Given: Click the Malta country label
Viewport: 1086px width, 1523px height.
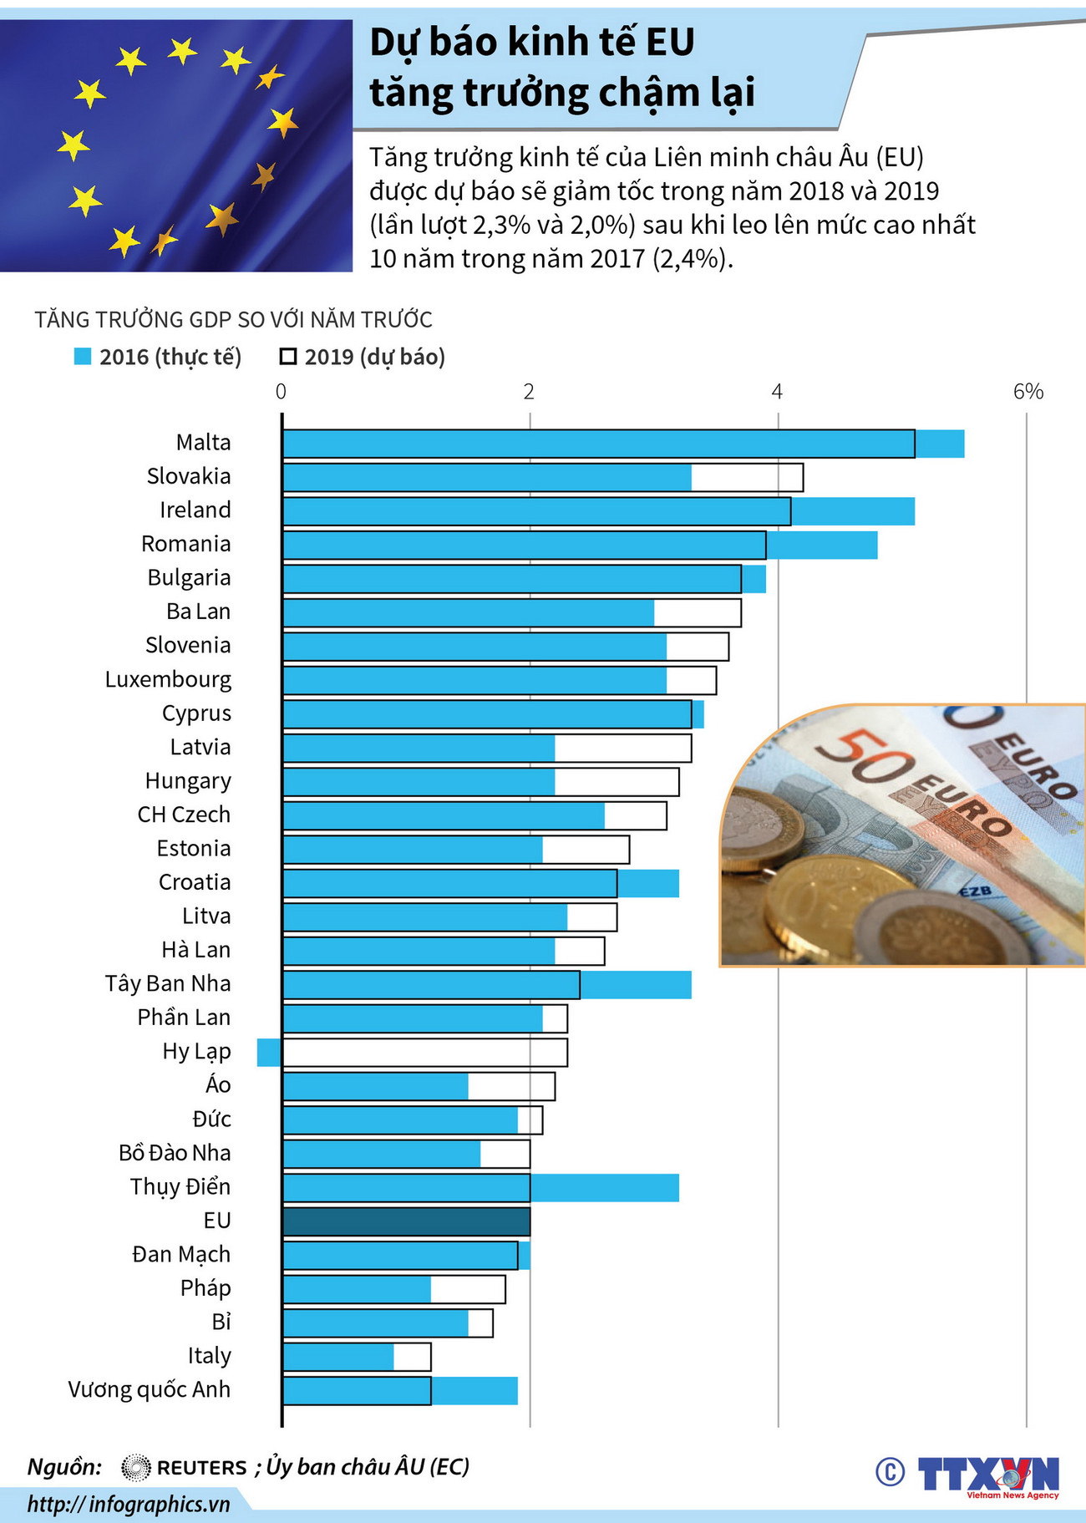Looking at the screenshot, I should [x=203, y=443].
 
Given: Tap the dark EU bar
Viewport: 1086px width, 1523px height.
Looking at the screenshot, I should [x=406, y=1221].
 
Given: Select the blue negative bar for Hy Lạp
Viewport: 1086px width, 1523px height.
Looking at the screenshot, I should [x=269, y=1053].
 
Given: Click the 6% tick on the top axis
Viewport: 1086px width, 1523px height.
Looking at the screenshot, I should [x=1028, y=392].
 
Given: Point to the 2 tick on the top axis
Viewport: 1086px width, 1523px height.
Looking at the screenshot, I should [x=529, y=392].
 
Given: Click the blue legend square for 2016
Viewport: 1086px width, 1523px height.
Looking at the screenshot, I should [x=82, y=357].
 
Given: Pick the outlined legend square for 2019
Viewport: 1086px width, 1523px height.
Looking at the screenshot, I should [x=288, y=357].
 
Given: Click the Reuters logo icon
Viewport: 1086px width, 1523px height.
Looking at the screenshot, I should [x=135, y=1468].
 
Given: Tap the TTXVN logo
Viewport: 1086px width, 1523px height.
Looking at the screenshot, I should [x=988, y=1475].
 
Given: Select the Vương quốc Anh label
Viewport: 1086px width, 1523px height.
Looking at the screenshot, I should [x=149, y=1390].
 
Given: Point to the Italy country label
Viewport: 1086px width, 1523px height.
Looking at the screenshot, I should [x=209, y=1356].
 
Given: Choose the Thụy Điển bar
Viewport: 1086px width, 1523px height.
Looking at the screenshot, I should [x=480, y=1188].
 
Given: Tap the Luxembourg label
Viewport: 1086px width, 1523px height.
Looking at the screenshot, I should [x=168, y=680].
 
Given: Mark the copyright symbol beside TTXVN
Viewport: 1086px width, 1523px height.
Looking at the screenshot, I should [x=890, y=1472].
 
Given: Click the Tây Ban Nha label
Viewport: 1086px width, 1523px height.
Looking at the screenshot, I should [x=167, y=984].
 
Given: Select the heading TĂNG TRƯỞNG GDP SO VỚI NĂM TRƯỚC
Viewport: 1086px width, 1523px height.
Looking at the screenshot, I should [x=233, y=320].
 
